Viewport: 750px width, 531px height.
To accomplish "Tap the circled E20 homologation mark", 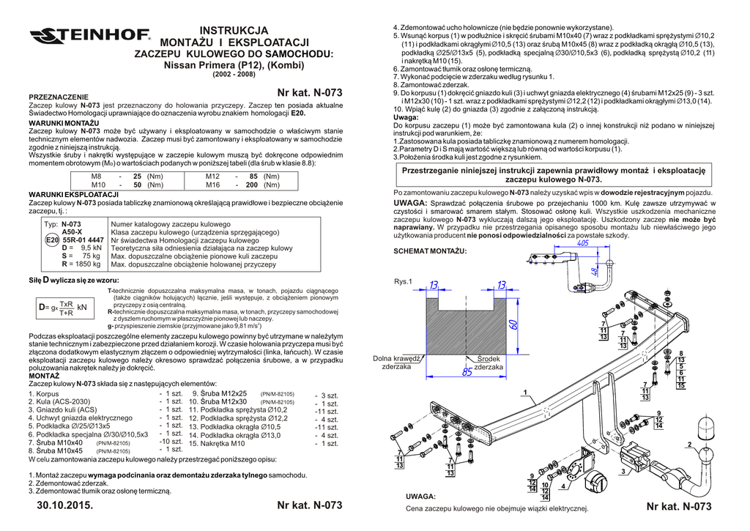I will coord(52,239).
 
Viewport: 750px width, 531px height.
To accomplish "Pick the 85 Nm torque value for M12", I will coord(253,177).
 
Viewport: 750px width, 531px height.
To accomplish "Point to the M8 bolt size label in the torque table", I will coord(96,177).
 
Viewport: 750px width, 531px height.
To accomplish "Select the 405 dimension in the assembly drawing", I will coord(583,243).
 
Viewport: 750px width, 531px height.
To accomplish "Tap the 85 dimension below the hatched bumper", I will coord(467,372).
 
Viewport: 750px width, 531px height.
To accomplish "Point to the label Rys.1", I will coord(404,282).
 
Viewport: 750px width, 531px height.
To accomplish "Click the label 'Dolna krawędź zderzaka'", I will coord(396,363).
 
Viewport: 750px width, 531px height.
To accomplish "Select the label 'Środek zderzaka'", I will coord(489,363).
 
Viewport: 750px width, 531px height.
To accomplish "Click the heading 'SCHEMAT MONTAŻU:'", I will coord(430,251).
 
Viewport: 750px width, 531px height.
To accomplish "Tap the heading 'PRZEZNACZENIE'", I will coord(58,97).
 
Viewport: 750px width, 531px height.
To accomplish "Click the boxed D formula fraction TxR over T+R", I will coord(67,308).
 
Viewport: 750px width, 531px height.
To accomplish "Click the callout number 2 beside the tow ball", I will coord(689,445).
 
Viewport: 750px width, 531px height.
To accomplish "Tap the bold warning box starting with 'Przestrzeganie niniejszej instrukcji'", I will coord(554,174).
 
